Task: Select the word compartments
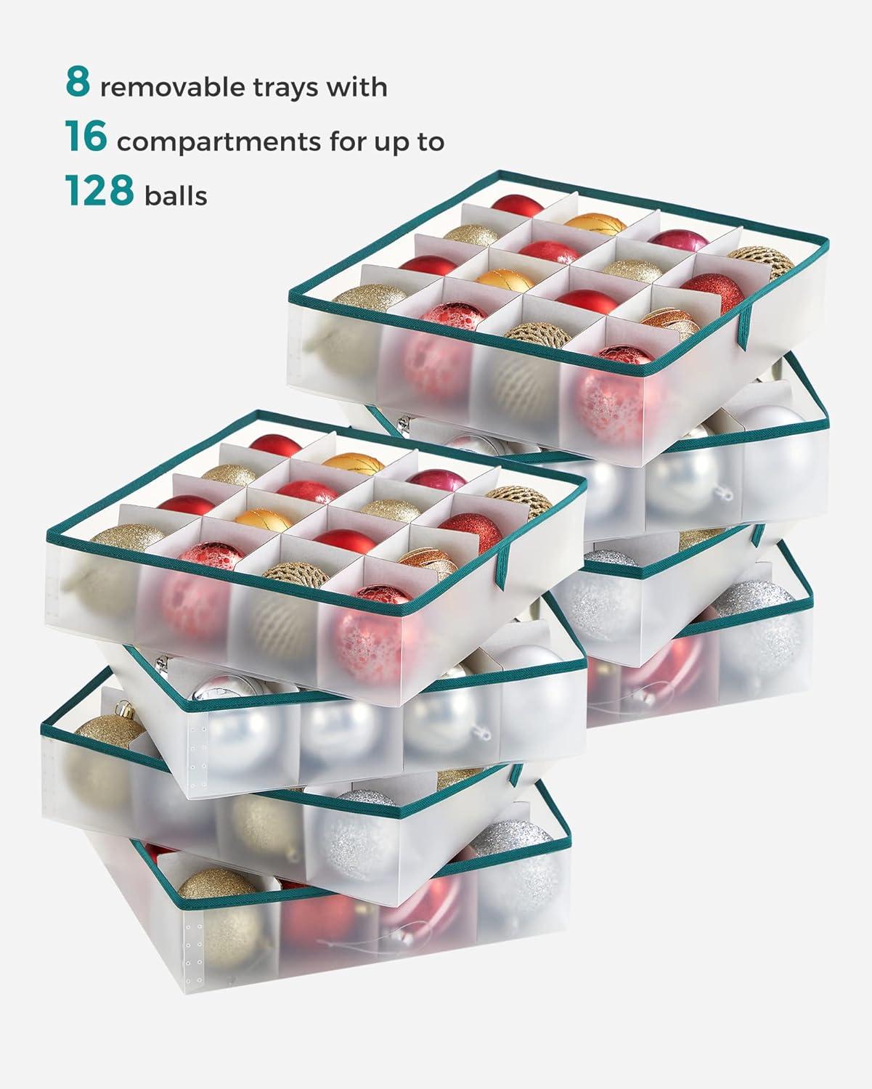click(x=218, y=142)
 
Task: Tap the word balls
click(x=176, y=195)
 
